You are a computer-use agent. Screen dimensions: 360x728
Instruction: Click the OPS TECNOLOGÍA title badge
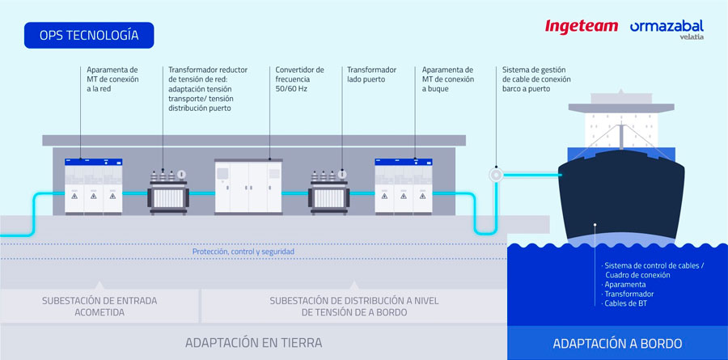[x=88, y=36]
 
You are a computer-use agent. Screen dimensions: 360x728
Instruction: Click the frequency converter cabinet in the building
[x=250, y=187]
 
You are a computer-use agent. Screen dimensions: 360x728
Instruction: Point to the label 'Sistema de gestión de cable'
[x=536, y=79]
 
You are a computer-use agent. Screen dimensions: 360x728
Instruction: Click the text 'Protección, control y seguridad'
[x=243, y=252]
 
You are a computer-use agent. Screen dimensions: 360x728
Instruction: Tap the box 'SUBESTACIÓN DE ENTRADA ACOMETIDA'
[x=99, y=306]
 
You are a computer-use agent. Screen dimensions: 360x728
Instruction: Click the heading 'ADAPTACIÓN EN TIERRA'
[x=253, y=342]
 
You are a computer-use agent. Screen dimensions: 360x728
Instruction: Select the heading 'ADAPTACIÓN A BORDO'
[x=617, y=343]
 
